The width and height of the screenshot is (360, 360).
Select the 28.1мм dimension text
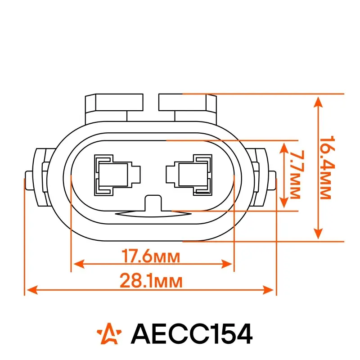pyautogui.click(x=151, y=280)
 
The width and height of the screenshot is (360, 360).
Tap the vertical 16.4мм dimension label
pyautogui.click(x=327, y=167)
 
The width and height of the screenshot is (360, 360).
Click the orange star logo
pyautogui.click(x=109, y=333)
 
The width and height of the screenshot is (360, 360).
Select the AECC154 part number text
pyautogui.click(x=192, y=333)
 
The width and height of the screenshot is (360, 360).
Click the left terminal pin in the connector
pyautogui.click(x=117, y=175)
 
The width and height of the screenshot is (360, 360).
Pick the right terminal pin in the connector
pyautogui.click(x=189, y=175)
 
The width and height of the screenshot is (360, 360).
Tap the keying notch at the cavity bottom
pyautogui.click(x=153, y=203)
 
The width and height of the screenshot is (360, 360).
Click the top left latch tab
pyautogui.click(x=114, y=108)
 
